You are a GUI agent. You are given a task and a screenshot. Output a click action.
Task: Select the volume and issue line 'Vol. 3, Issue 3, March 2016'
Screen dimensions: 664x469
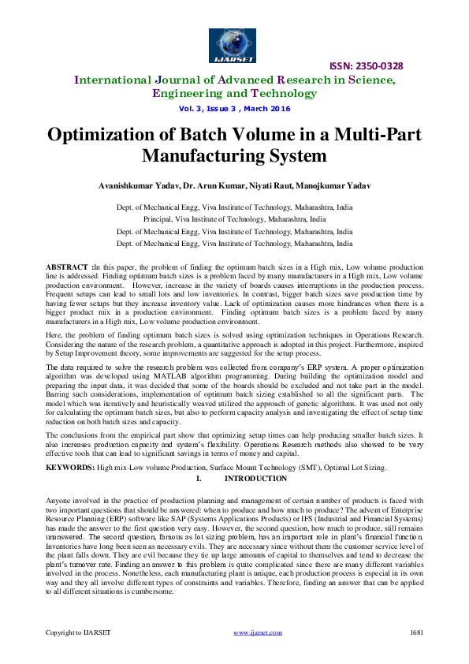(x=234, y=108)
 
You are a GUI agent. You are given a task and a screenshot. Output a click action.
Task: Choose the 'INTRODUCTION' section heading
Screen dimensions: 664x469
(x=255, y=479)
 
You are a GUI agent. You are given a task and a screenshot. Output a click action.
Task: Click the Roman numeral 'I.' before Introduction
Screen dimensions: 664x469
(x=199, y=479)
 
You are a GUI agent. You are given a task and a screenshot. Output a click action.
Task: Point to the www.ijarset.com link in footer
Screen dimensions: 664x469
(x=258, y=632)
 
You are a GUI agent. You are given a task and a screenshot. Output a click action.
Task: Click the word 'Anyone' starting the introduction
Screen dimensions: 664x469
(x=58, y=500)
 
